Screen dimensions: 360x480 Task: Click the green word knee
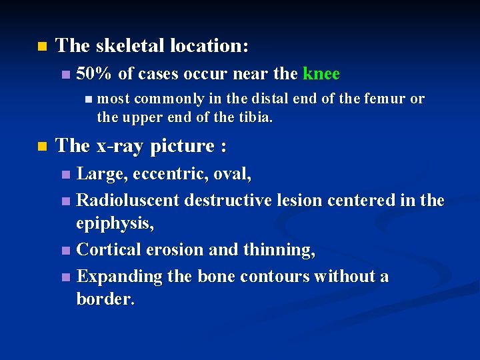[321, 74]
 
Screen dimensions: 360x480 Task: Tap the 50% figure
[95, 74]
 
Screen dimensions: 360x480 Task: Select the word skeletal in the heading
[130, 46]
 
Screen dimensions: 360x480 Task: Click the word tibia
[255, 117]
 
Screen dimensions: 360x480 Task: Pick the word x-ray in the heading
[119, 146]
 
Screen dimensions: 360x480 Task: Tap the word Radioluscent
[129, 200]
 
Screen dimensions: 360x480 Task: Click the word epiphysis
[115, 225]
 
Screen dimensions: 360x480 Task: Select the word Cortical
[109, 250]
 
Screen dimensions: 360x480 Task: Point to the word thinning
[283, 250]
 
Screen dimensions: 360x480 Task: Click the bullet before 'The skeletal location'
[42, 47]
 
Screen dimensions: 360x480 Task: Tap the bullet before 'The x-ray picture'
[42, 147]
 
